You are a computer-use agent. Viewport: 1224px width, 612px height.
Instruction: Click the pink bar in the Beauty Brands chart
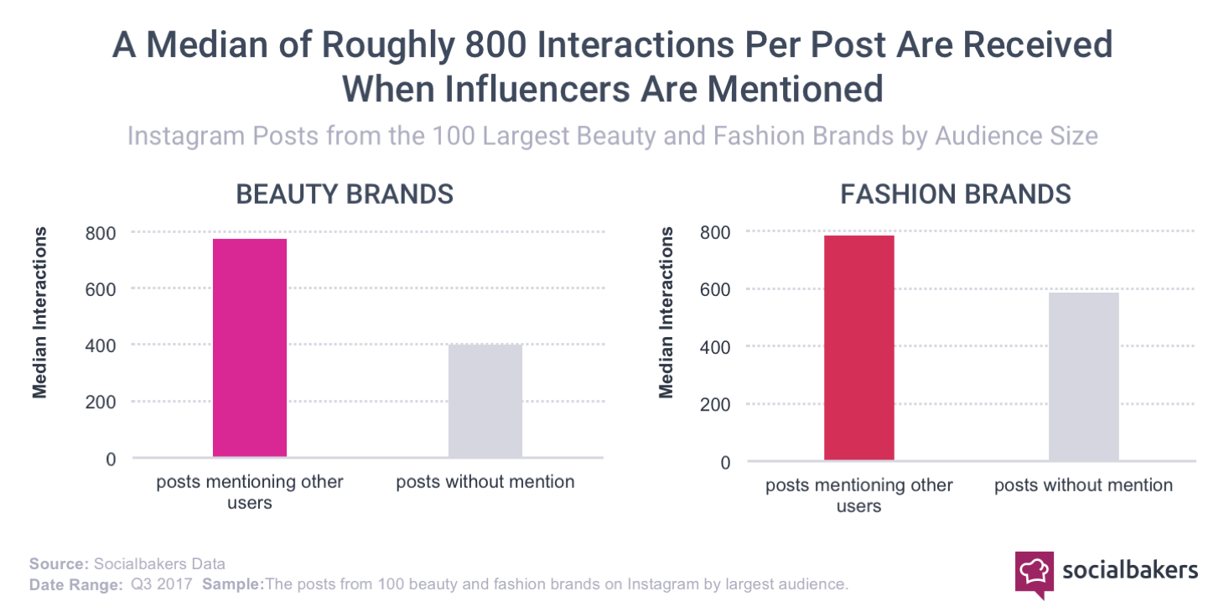point(249,348)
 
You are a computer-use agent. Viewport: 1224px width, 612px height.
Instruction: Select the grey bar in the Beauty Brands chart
point(485,401)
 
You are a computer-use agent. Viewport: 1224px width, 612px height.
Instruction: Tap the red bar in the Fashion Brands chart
point(858,348)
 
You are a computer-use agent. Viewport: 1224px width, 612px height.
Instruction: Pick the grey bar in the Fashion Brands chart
point(1083,376)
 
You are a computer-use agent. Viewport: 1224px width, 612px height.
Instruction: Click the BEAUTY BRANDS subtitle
point(345,194)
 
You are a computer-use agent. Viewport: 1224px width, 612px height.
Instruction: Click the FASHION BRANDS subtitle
point(956,194)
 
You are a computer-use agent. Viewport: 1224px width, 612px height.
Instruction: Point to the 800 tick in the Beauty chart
point(100,232)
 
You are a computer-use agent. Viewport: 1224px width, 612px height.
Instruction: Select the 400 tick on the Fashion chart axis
point(715,346)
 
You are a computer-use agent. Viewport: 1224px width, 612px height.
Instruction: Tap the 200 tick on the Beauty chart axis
point(100,402)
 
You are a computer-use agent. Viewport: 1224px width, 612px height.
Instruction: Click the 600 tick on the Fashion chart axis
point(715,289)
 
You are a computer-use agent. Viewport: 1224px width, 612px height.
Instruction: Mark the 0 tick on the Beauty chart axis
point(111,459)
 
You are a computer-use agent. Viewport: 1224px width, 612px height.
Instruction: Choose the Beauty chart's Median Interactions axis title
point(39,312)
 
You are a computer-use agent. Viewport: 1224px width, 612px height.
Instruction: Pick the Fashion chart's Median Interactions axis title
point(666,312)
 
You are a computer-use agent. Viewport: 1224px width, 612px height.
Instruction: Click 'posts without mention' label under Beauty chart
point(485,482)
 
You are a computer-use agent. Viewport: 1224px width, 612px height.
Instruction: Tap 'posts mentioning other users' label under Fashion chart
point(858,495)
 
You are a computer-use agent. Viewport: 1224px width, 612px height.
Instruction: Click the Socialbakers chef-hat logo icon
point(1034,572)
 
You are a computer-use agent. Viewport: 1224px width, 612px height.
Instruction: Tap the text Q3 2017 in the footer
point(160,584)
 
